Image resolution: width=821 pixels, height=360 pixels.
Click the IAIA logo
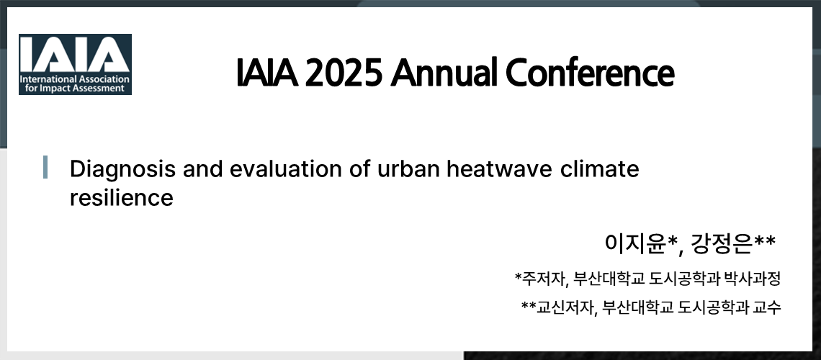[x=75, y=64]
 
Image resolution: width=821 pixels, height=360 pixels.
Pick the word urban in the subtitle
[x=405, y=170]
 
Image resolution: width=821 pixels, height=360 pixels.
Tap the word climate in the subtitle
[x=601, y=170]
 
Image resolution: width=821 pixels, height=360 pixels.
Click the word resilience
[x=121, y=198]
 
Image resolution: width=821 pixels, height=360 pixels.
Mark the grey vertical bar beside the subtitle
[x=45, y=166]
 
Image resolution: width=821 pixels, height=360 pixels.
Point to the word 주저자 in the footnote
[x=542, y=278]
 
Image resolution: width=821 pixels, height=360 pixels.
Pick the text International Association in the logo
[x=74, y=78]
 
